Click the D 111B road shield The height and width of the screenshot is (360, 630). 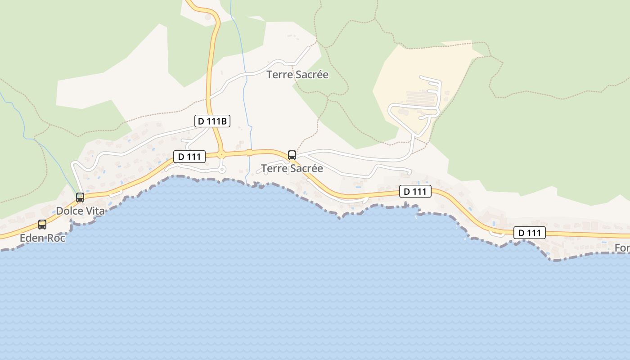pyautogui.click(x=212, y=121)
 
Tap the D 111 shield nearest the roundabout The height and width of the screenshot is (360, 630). pyautogui.click(x=189, y=157)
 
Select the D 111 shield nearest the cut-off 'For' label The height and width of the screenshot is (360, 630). pyautogui.click(x=530, y=233)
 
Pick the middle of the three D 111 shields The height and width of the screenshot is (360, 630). pyautogui.click(x=415, y=191)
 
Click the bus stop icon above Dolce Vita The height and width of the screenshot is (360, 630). pyautogui.click(x=80, y=197)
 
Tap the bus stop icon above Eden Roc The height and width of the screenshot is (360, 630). pyautogui.click(x=42, y=224)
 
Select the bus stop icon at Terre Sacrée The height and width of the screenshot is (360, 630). pyautogui.click(x=292, y=155)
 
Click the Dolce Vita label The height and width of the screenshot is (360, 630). pyautogui.click(x=80, y=211)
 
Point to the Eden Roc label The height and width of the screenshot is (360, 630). pyautogui.click(x=42, y=238)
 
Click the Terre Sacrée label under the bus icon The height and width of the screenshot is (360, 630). pyautogui.click(x=292, y=168)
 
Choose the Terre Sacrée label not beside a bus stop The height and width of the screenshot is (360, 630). pyautogui.click(x=297, y=75)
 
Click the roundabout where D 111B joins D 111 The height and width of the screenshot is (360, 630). pyautogui.click(x=221, y=154)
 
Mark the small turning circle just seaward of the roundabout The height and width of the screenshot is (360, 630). pyautogui.click(x=221, y=170)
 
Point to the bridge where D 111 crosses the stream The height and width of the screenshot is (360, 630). pyautogui.click(x=249, y=153)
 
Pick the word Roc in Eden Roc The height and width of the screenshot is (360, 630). pyautogui.click(x=57, y=238)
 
